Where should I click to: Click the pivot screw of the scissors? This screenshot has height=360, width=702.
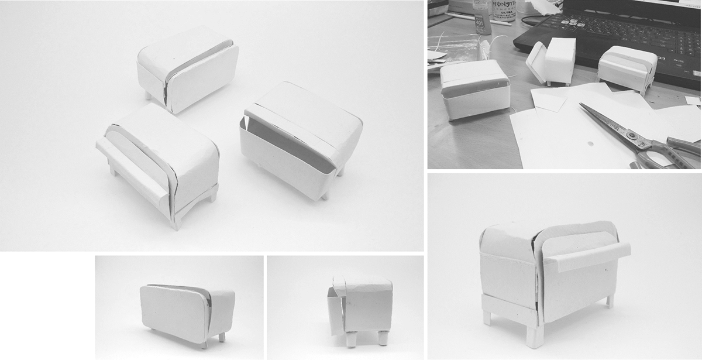[x=632, y=136]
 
